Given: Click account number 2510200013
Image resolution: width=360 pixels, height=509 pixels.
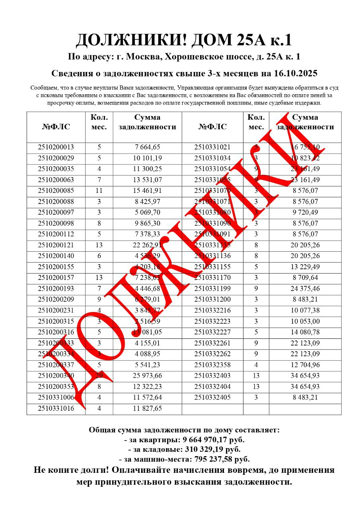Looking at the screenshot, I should [56, 147].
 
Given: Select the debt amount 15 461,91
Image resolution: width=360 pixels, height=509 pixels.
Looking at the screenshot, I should [147, 190].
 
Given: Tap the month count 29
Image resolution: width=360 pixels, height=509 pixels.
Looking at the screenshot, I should [99, 375].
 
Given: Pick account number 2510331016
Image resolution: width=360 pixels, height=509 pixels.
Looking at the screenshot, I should [56, 408].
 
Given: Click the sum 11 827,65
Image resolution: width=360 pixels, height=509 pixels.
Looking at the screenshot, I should [147, 408].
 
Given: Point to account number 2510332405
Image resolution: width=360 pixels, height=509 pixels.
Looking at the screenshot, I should [212, 397].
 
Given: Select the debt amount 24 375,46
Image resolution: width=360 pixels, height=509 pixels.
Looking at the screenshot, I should [305, 288].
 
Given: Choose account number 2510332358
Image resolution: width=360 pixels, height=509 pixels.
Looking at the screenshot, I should [212, 365].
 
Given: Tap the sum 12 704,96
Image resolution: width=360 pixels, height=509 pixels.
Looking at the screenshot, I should [305, 365].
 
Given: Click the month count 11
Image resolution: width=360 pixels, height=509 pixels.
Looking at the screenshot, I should [99, 190].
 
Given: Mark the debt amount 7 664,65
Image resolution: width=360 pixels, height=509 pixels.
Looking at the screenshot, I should [147, 147].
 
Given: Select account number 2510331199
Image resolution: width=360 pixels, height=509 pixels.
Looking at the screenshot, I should [212, 288].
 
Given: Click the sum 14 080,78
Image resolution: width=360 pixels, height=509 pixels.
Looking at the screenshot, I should [305, 332].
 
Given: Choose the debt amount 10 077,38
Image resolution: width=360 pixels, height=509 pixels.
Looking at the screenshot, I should [305, 310].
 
